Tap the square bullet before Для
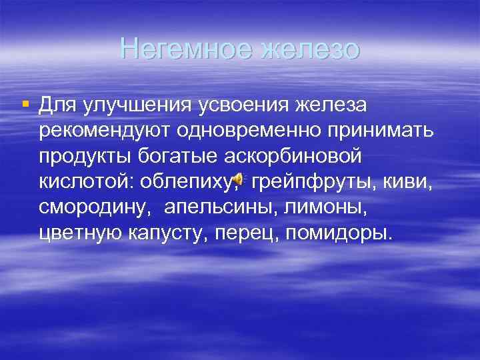pos(26,103)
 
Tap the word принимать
pos(387,131)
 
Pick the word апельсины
pos(219,208)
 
